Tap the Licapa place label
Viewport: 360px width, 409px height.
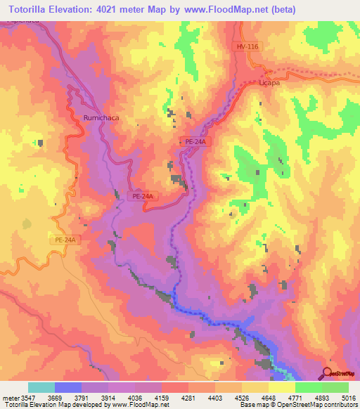[269, 82]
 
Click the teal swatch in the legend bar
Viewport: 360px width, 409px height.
[41, 387]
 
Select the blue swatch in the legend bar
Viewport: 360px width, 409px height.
[68, 387]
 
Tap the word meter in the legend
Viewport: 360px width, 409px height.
[8, 397]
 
